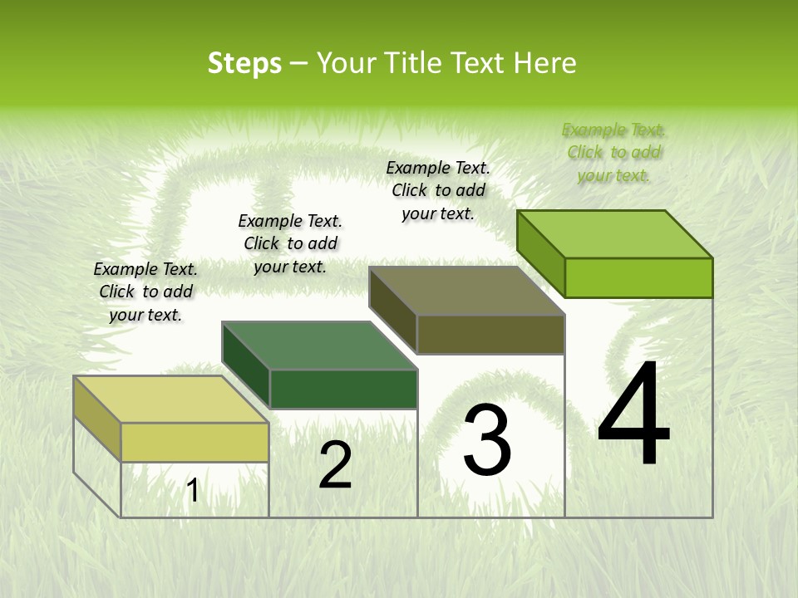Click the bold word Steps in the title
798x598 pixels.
tap(244, 63)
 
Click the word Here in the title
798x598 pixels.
tap(545, 63)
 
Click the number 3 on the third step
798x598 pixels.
tap(487, 440)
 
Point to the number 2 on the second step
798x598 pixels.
tap(335, 465)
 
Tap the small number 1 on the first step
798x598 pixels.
tap(193, 491)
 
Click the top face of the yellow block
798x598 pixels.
tap(171, 399)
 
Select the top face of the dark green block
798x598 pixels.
tap(319, 346)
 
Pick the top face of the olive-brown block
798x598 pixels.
tap(467, 291)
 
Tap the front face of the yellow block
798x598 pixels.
tap(195, 442)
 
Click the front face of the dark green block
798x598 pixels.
tap(343, 389)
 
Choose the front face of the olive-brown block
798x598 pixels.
tap(490, 335)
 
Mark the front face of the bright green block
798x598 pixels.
tap(638, 277)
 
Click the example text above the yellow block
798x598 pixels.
tap(145, 292)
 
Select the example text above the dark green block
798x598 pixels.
tap(290, 243)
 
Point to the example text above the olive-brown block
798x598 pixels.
tap(438, 190)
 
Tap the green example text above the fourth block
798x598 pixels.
tap(613, 152)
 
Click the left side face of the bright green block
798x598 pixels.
tap(540, 253)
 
